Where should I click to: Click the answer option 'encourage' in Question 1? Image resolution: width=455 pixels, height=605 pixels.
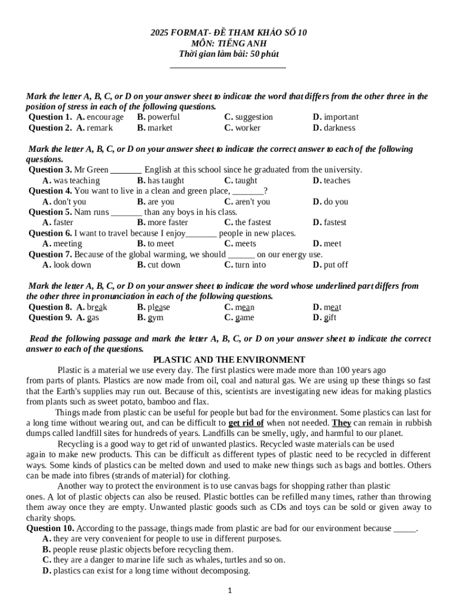[x=105, y=117]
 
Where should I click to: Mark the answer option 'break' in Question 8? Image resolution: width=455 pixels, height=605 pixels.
[x=97, y=307]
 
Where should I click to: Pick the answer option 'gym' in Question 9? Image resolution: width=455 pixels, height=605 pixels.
[x=155, y=318]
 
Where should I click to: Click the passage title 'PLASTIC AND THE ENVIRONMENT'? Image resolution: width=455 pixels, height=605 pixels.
[x=229, y=360]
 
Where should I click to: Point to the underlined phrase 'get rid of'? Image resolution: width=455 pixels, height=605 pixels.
[x=246, y=423]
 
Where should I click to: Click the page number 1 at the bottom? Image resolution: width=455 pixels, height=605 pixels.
[x=229, y=590]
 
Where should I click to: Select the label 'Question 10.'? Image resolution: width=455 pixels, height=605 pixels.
[x=50, y=528]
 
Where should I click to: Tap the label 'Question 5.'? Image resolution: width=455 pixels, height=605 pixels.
[x=50, y=212]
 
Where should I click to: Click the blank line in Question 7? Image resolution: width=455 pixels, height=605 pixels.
[x=241, y=255]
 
